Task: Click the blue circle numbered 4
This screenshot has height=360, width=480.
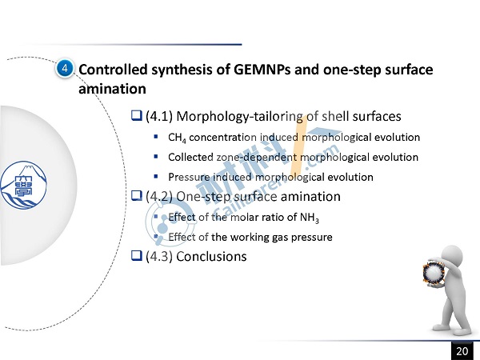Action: [x=65, y=68]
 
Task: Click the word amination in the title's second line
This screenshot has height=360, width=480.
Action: [x=112, y=89]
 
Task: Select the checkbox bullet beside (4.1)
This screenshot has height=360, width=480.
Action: [x=137, y=115]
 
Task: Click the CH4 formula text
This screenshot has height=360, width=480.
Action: [x=177, y=138]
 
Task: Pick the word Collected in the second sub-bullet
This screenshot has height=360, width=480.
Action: [x=190, y=158]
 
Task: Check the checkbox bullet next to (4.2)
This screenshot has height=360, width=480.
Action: [x=137, y=195]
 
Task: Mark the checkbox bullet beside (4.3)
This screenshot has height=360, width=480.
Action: [x=137, y=255]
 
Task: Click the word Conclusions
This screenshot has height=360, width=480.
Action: [x=211, y=257]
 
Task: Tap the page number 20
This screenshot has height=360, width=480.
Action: [x=462, y=351]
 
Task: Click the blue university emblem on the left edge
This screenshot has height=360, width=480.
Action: [x=23, y=186]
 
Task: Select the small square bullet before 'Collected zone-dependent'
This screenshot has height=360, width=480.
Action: [x=156, y=157]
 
